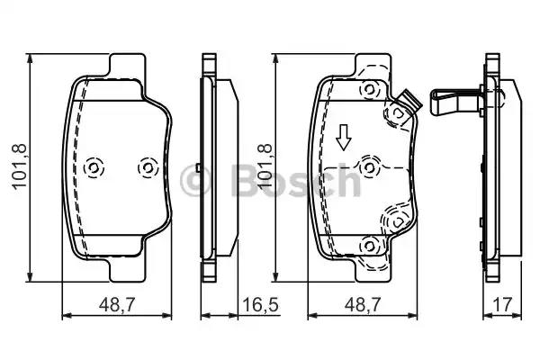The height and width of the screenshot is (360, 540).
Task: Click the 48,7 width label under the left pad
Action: click(115, 307)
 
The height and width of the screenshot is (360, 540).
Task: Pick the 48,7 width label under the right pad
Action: click(363, 307)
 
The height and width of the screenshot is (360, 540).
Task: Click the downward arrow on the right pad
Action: click(343, 137)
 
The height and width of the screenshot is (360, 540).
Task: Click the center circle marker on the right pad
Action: click(366, 166)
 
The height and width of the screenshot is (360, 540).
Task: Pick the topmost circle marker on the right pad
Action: click(366, 89)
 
